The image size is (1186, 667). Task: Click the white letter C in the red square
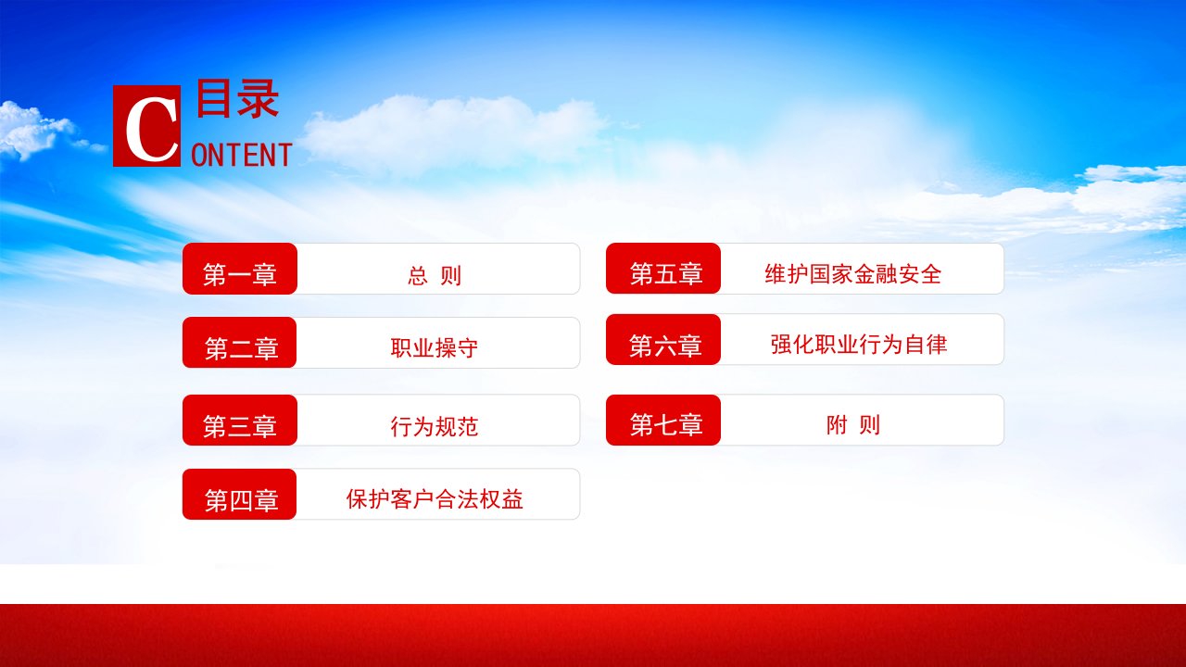pos(152,129)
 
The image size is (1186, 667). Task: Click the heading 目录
pos(237,98)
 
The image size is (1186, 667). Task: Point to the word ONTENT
pos(242,155)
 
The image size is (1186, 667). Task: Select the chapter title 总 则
pos(435,275)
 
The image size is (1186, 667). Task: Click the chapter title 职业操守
pos(435,347)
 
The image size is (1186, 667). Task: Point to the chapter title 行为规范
pos(435,426)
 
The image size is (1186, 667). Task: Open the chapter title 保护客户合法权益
pos(435,499)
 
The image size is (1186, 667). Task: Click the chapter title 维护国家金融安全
pos(853,274)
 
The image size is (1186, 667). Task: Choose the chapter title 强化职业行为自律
pos(859,344)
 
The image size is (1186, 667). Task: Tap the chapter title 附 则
pos(853,424)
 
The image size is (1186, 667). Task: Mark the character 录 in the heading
pos(258,98)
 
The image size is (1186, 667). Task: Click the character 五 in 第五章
pos(666,273)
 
